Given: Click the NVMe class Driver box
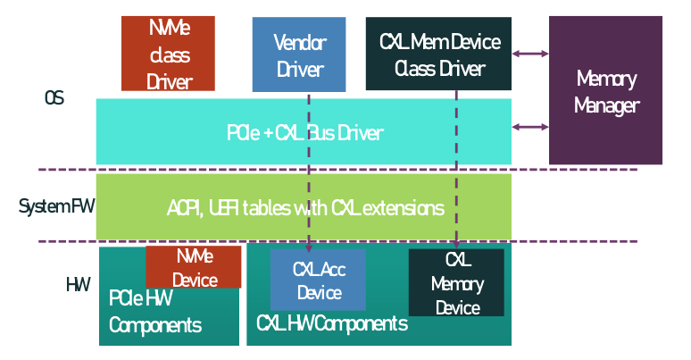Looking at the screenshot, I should point(169,54).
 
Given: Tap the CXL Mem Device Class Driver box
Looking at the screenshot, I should point(438,54).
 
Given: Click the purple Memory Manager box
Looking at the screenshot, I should point(605,91).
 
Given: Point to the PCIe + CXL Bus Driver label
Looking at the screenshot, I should point(304,133).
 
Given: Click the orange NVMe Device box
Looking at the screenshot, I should point(194,267).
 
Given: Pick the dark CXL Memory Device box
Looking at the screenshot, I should point(456,282).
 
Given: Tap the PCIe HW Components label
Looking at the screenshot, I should point(154,311).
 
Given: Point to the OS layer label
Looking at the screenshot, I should point(54,97).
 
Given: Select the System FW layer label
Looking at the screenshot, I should point(56,207).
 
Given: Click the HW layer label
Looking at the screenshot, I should point(78,285).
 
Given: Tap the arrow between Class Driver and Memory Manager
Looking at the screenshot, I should point(530,54).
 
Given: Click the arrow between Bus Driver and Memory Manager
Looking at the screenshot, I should point(530,126).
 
